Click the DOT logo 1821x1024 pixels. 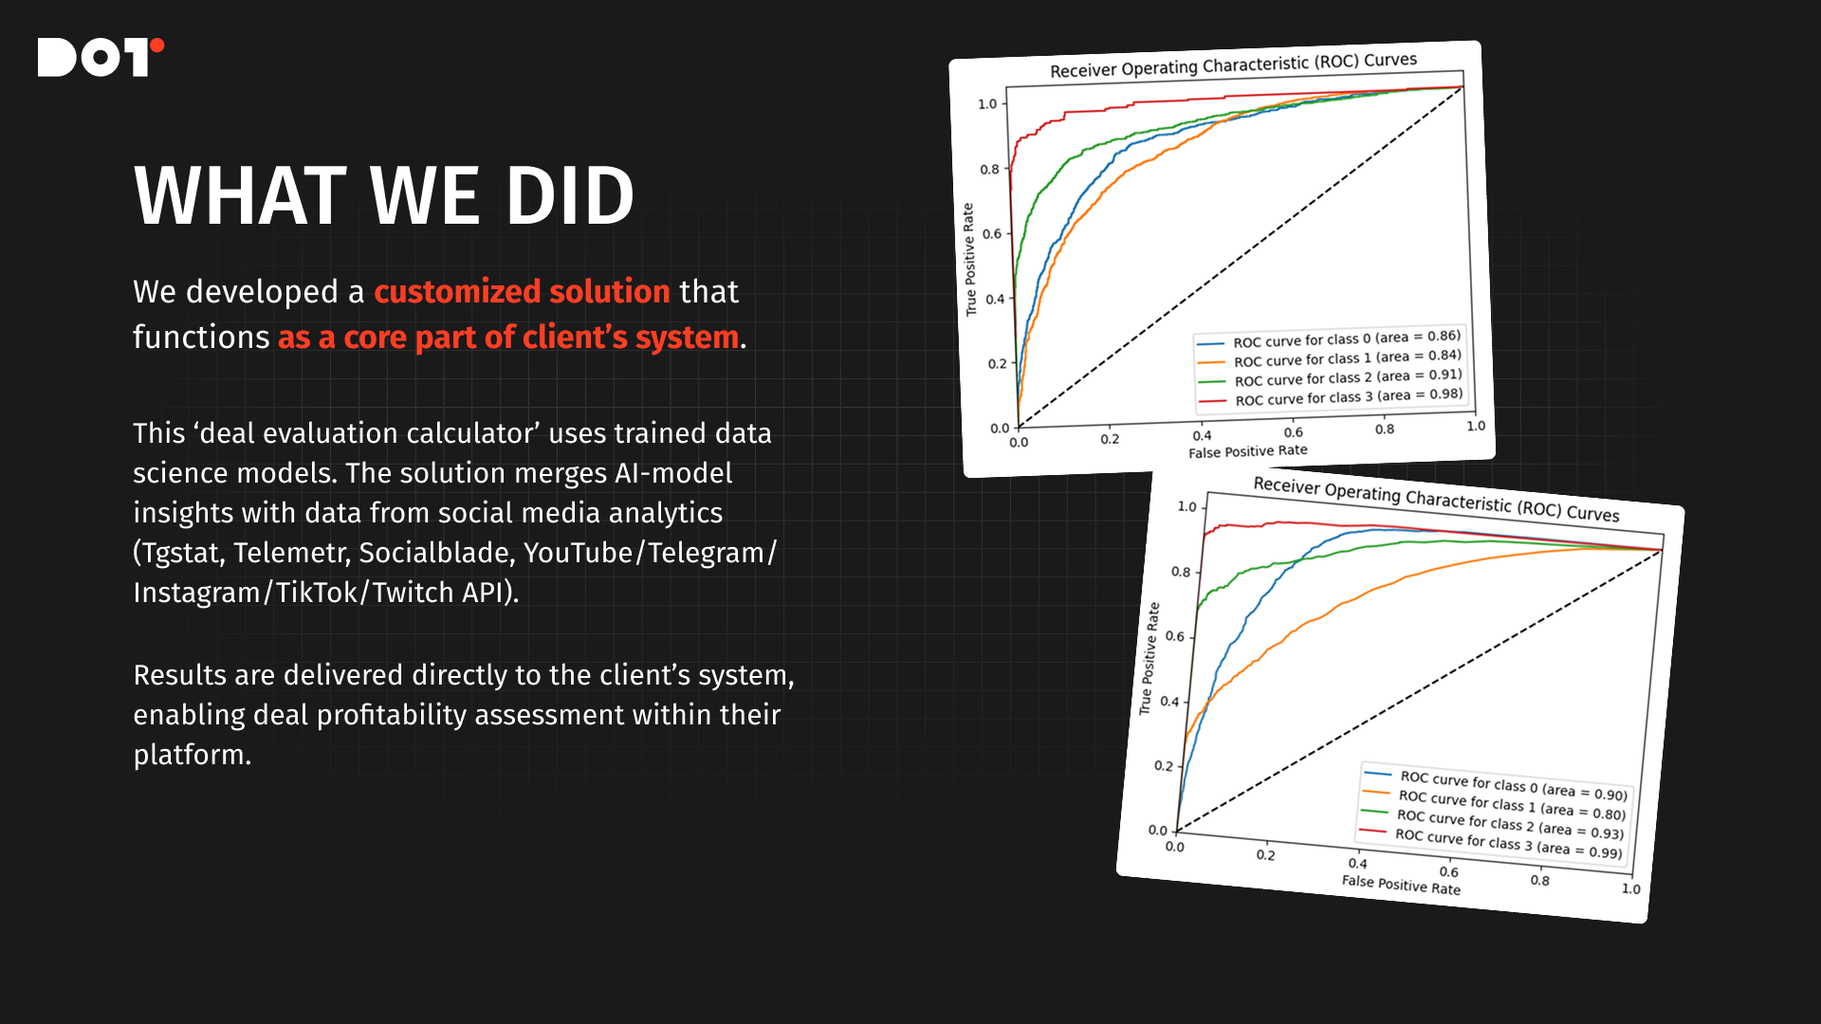[x=101, y=57]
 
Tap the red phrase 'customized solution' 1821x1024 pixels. [x=522, y=291]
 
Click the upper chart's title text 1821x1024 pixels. [x=1233, y=65]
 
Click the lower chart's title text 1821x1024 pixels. [x=1436, y=500]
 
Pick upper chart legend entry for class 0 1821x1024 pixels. [x=1329, y=339]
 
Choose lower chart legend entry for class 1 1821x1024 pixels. [x=1494, y=804]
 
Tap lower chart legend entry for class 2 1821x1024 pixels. [x=1492, y=823]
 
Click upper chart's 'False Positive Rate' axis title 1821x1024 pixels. [x=1248, y=451]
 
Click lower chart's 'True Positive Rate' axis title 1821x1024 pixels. [x=1149, y=658]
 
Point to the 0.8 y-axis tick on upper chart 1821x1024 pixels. [x=989, y=170]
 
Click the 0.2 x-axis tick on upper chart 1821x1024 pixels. [x=1110, y=439]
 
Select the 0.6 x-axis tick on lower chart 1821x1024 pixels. [x=1448, y=871]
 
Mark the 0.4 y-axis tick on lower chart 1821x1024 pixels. [x=1169, y=702]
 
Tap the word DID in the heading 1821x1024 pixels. [x=570, y=196]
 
